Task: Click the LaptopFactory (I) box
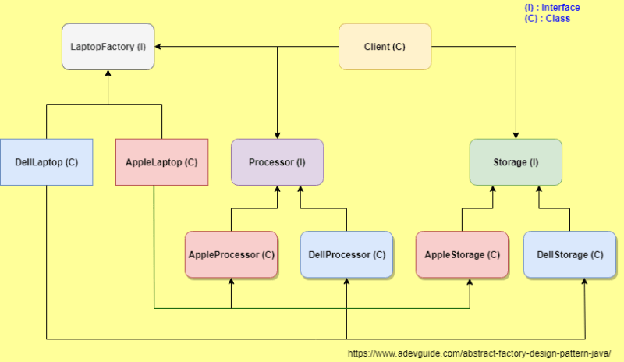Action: [x=108, y=47]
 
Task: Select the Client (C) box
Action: [x=385, y=47]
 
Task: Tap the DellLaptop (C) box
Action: [x=46, y=162]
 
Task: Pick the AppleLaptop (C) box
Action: [x=161, y=162]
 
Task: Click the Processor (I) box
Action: [x=277, y=162]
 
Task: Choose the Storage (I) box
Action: [x=516, y=162]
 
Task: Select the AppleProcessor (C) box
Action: [x=231, y=254]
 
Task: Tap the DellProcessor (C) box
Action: [x=346, y=254]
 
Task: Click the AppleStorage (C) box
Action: [x=462, y=254]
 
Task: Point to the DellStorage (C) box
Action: [x=569, y=254]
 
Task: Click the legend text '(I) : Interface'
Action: [x=551, y=8]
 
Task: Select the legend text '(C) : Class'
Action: [x=547, y=18]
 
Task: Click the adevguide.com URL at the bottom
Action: [x=479, y=353]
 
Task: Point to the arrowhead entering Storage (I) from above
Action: [x=516, y=135]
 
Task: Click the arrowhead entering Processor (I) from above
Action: [x=277, y=135]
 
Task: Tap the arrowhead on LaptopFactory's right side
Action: [x=158, y=47]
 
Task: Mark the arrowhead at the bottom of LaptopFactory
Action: [x=108, y=74]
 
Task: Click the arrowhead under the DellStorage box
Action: [x=584, y=282]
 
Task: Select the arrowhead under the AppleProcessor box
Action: [x=231, y=282]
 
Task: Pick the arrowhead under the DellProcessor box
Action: [x=346, y=282]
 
